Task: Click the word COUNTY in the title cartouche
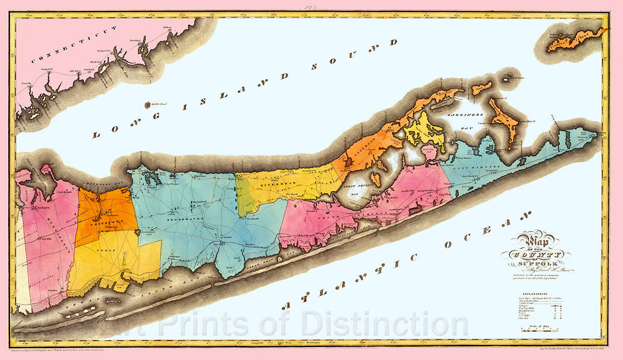(536, 255)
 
